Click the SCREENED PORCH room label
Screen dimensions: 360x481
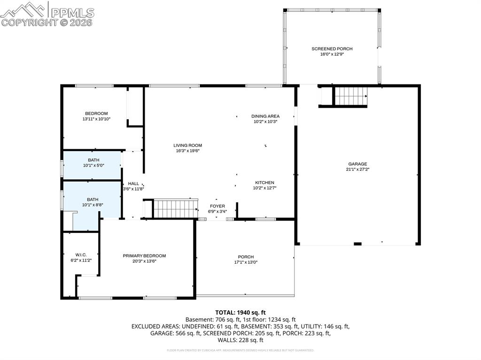pos(332,49)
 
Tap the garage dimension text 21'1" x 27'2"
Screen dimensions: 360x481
pos(357,169)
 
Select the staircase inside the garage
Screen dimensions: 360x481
pos(350,96)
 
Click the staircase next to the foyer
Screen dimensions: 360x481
pos(175,209)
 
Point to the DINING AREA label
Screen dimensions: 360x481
pos(265,116)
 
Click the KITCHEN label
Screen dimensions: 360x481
pos(264,183)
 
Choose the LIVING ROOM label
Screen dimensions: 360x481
pos(187,146)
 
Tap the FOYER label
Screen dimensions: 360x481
pos(217,206)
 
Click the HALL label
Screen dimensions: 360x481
pos(133,184)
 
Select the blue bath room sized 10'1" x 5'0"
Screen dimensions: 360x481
pos(93,165)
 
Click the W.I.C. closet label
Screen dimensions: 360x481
pos(80,255)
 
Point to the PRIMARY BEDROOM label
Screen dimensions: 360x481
pos(144,256)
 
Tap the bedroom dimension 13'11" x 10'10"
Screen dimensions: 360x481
pos(96,119)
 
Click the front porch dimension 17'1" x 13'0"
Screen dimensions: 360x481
pos(246,262)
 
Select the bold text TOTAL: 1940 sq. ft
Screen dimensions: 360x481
pos(240,312)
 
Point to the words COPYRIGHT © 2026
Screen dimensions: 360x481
pos(47,22)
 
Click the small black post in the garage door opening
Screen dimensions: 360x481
pos(357,244)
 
